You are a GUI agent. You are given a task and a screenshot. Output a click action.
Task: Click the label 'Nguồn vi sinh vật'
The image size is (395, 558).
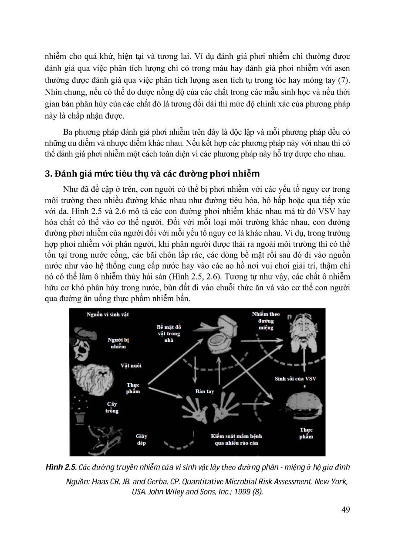tap(108, 314)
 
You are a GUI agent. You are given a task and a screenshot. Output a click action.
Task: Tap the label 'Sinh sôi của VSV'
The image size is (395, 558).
tap(295, 378)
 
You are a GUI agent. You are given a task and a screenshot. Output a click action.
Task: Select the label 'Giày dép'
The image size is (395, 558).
tap(142, 439)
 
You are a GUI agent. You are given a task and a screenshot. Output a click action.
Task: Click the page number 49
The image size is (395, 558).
tap(344, 510)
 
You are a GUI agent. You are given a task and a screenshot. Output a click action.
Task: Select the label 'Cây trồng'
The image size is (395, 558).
tap(112, 407)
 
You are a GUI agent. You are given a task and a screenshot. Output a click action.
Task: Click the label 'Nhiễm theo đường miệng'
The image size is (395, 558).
tap(266, 321)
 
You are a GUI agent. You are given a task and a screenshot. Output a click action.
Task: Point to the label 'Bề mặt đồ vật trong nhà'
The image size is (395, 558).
tap(169, 333)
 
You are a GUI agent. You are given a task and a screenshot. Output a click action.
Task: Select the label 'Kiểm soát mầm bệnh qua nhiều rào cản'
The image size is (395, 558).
tap(236, 439)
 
